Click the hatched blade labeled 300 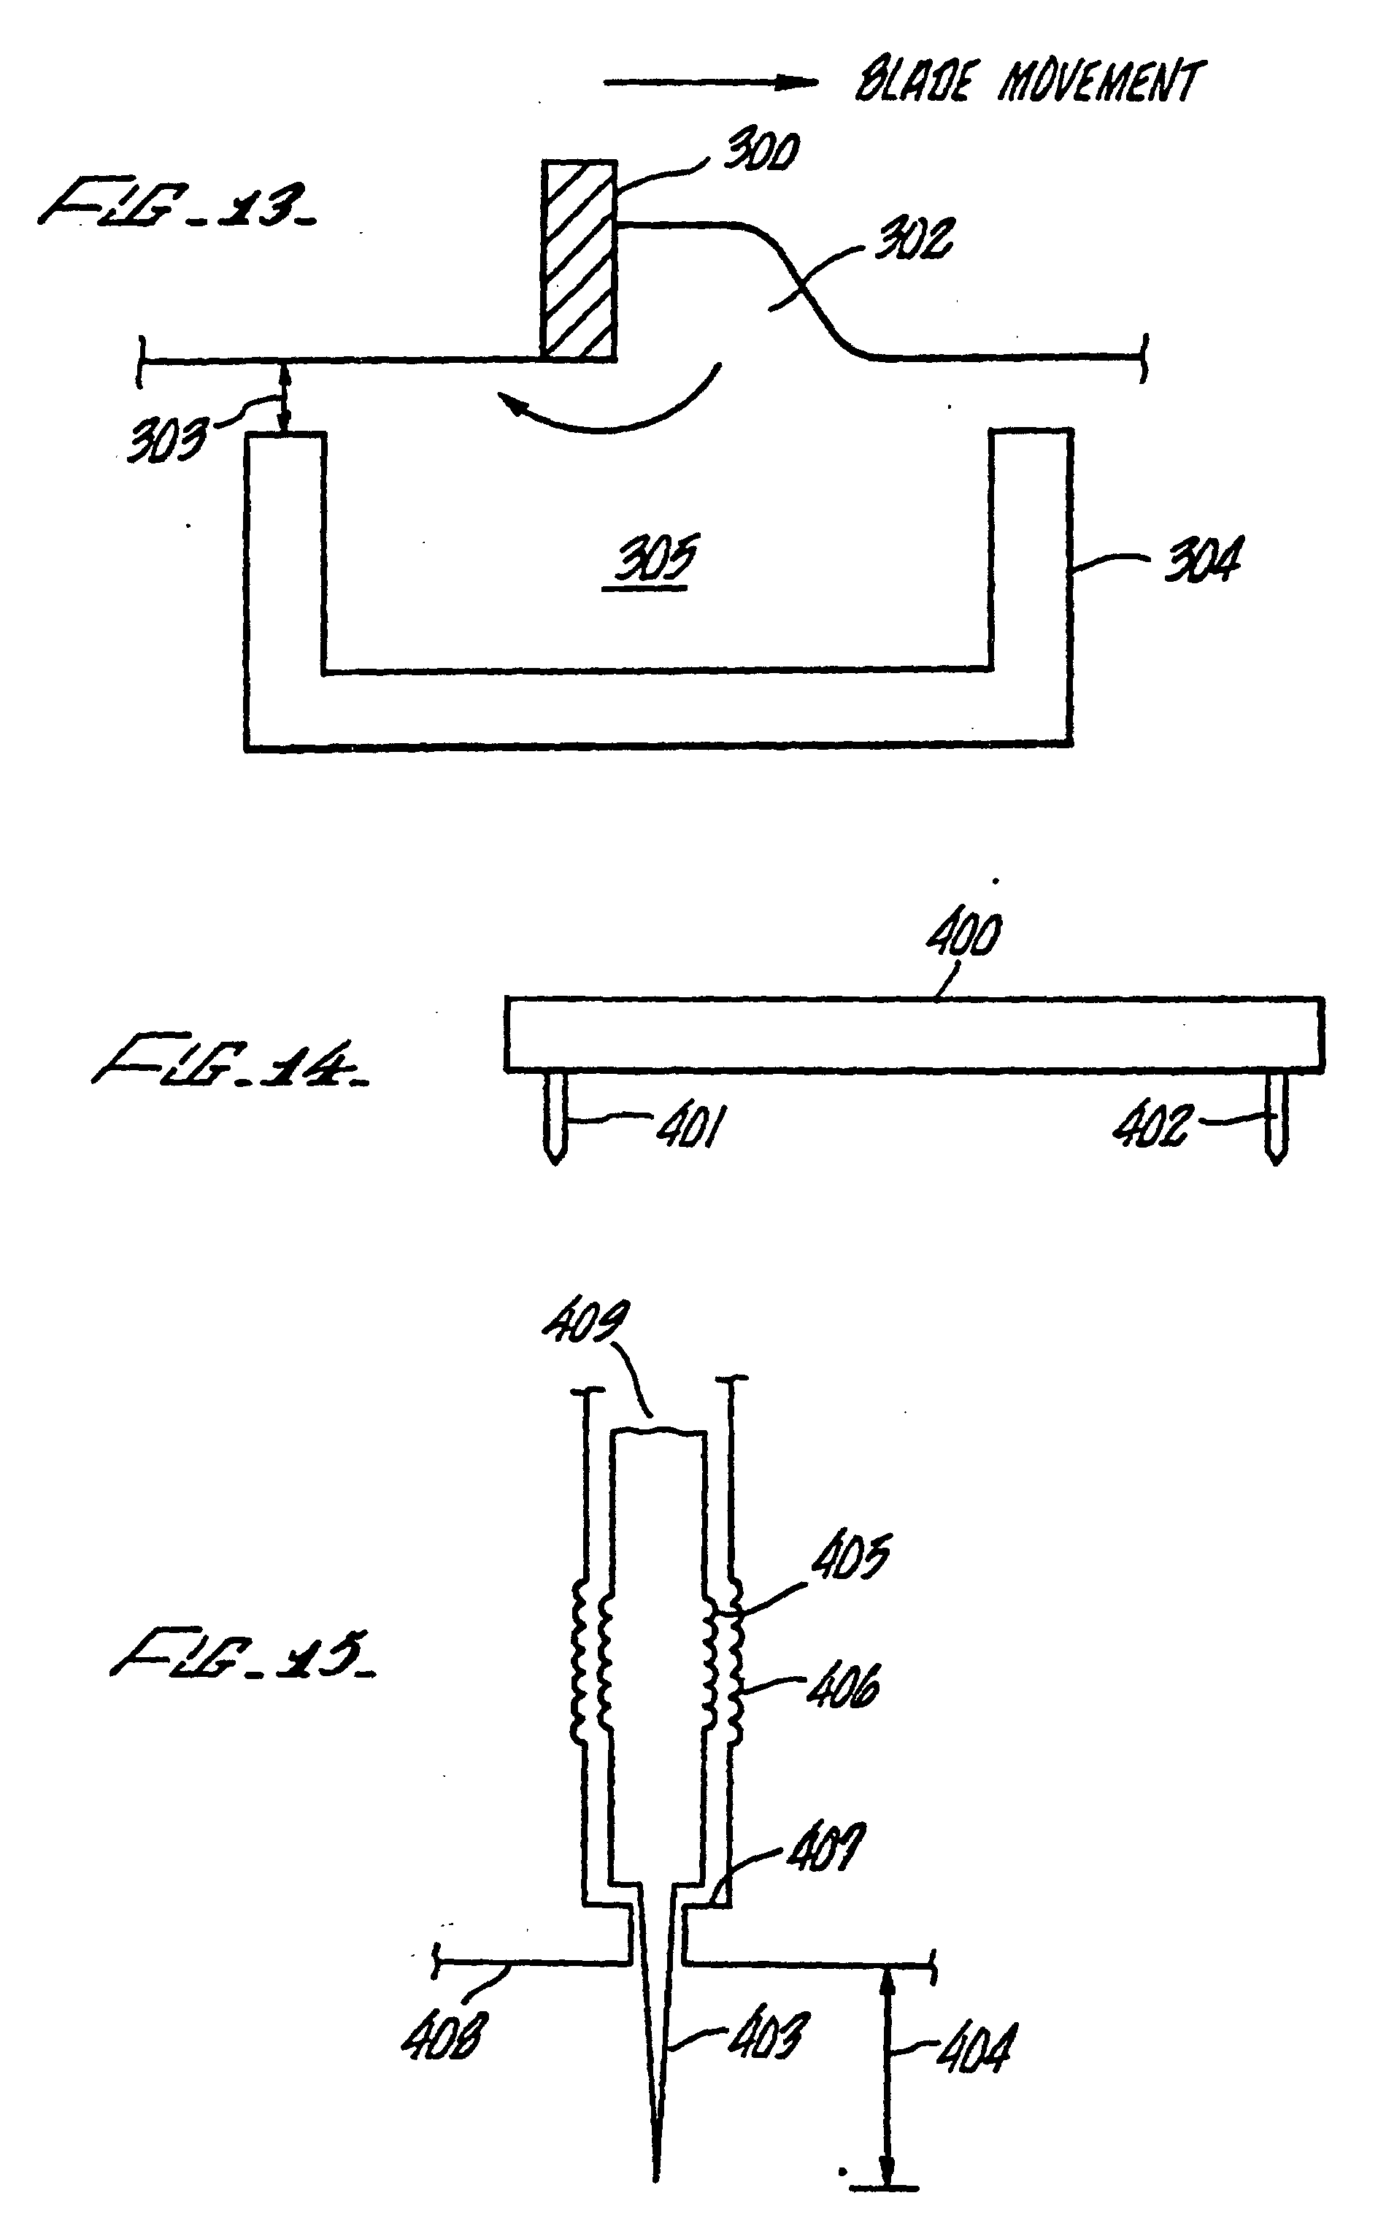point(579,261)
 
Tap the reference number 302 point(914,239)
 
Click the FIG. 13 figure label point(177,206)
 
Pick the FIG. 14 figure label point(231,1059)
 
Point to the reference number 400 point(964,935)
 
